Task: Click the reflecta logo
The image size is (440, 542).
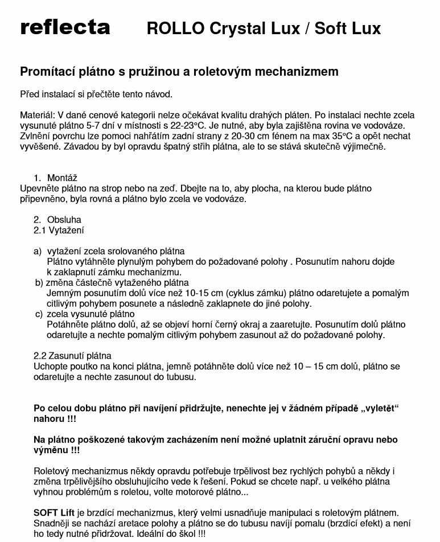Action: [x=65, y=27]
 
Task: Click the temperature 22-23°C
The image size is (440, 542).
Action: [x=180, y=125]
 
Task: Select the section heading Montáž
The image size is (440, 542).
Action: [x=62, y=178]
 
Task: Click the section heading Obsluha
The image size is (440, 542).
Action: [x=64, y=220]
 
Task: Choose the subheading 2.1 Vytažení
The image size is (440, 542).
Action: [x=59, y=230]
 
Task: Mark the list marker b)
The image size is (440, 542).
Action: [x=39, y=282]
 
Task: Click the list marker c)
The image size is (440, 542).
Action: [x=39, y=314]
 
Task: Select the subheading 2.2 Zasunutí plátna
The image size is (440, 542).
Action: [x=72, y=356]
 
